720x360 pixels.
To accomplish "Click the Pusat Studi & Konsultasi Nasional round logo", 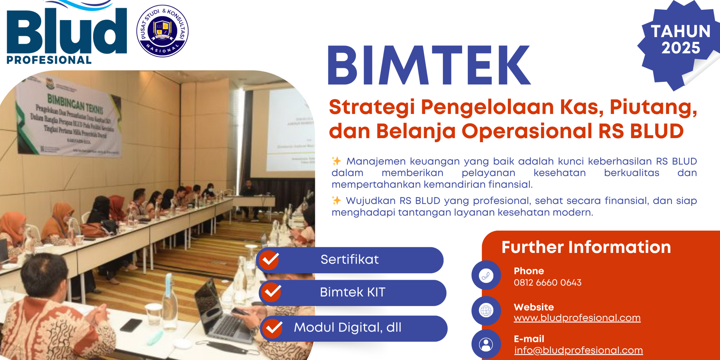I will [162, 31].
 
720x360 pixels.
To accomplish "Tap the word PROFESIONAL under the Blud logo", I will [49, 60].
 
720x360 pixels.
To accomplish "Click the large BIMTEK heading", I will [429, 65].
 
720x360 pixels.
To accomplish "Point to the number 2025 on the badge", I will [681, 48].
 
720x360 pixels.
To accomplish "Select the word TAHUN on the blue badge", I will [681, 31].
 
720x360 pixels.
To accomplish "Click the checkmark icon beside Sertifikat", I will [269, 260].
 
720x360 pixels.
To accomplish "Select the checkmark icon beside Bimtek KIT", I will [271, 292].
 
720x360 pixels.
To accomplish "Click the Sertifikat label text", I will [350, 259].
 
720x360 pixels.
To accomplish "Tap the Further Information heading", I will [586, 247].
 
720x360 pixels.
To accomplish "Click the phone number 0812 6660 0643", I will [547, 282].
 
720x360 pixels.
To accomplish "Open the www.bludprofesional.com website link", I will [577, 318].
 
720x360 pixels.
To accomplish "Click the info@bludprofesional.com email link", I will [578, 350].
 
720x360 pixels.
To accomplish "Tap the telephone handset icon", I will [486, 275].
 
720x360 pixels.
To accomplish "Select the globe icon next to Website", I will [486, 311].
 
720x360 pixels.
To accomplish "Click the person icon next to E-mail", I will [486, 344].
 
